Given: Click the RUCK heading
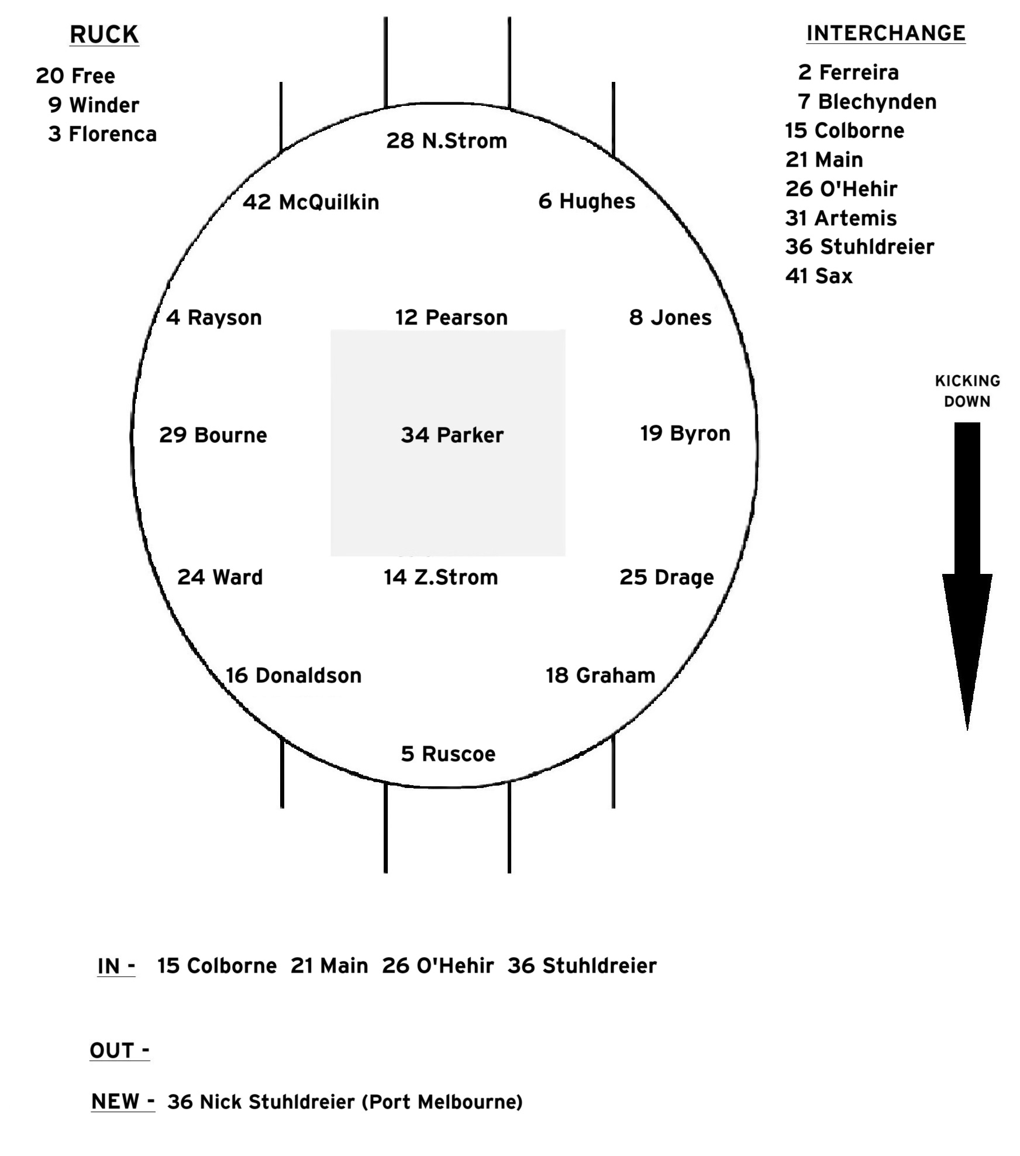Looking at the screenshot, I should coord(104,35).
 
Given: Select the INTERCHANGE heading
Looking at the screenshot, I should coord(885,33).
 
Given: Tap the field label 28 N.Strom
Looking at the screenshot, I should coord(446,141).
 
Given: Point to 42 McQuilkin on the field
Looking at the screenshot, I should coord(311,202).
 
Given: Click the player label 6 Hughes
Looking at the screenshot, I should coord(587,201).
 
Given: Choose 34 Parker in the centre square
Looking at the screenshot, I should coord(452,435).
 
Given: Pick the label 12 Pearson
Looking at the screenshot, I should coord(452,318).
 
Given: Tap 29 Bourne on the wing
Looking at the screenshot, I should coord(213,435).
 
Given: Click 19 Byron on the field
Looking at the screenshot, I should coord(685,433).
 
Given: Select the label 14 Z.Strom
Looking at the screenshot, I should coord(440,577).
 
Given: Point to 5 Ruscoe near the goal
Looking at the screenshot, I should coord(448,754).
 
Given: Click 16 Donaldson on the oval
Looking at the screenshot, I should coord(294,676).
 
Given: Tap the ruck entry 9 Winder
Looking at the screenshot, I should coord(94,105).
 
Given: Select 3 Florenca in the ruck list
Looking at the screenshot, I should coord(102,135).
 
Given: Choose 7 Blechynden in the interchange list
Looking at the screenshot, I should coord(867,102).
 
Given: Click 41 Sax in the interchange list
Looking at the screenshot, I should coord(819,276).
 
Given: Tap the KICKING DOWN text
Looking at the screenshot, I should coord(967,391).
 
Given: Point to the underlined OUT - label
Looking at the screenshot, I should coord(119,1051).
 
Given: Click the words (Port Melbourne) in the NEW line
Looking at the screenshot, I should coord(442,1102).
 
